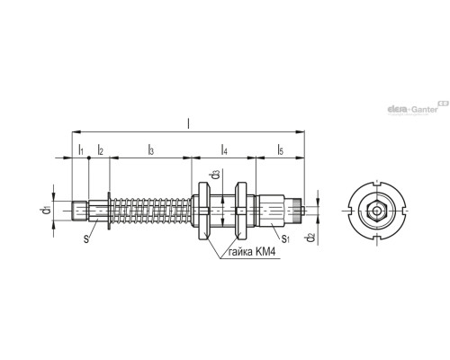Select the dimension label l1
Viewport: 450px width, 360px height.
coord(80,150)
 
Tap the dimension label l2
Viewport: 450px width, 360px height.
coord(100,150)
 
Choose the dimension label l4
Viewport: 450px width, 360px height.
coord(224,150)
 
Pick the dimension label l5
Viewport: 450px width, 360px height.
coord(281,150)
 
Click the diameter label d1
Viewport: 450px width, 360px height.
coord(45,211)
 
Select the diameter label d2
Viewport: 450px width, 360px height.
coord(310,237)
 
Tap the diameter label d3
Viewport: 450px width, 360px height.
coord(216,175)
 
